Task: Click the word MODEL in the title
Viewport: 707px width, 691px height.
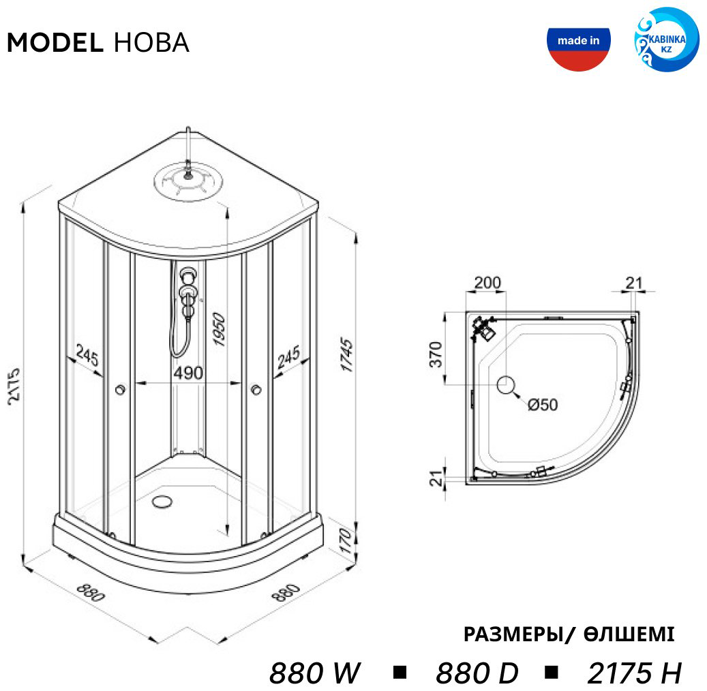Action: tap(55, 43)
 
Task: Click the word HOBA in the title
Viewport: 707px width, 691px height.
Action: tap(151, 43)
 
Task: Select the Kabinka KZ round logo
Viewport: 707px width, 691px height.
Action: tap(666, 40)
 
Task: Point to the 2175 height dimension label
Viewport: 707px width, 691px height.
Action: tap(14, 384)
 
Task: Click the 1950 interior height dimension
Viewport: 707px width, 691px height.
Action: tap(219, 329)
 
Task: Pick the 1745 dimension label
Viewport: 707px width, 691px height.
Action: tap(346, 354)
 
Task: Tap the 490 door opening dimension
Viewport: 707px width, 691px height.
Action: tap(188, 373)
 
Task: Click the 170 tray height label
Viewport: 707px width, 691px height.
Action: tap(346, 541)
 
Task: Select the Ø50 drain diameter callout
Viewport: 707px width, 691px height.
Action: tap(543, 405)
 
